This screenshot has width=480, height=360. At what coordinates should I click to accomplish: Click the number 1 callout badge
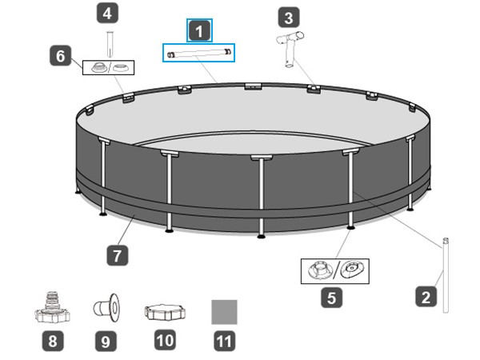click(x=199, y=30)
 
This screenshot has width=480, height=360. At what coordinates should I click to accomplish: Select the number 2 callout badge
click(x=426, y=296)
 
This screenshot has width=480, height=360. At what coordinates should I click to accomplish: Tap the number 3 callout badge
click(x=289, y=17)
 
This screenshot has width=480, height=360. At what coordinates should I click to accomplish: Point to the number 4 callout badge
click(x=107, y=13)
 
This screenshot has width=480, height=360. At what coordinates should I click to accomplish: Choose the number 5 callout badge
click(x=331, y=298)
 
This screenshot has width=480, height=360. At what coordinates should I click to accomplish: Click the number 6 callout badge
click(x=60, y=55)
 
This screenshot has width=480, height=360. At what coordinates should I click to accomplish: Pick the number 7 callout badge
click(x=118, y=255)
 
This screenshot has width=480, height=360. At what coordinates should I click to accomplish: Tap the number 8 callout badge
click(x=53, y=341)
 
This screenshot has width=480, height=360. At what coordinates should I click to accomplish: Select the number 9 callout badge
click(x=106, y=341)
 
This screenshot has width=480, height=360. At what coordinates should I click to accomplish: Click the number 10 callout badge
click(x=166, y=340)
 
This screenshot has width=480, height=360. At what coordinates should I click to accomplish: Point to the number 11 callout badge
click(x=224, y=341)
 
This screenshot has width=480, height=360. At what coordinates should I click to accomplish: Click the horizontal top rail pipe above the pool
click(x=198, y=54)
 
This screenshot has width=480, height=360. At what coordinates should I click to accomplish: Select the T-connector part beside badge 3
click(x=290, y=49)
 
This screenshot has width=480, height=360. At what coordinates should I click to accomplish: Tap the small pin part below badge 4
click(x=110, y=44)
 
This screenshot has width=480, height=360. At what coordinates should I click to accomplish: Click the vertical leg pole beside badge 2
click(x=446, y=275)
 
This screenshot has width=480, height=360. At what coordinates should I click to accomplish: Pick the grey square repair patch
click(x=224, y=312)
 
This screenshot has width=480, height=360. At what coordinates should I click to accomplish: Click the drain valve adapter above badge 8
click(x=52, y=308)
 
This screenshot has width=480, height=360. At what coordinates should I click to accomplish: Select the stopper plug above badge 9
click(x=106, y=308)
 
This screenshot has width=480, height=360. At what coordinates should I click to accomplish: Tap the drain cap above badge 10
click(x=165, y=312)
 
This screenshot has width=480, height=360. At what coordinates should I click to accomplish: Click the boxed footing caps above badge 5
click(x=335, y=271)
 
